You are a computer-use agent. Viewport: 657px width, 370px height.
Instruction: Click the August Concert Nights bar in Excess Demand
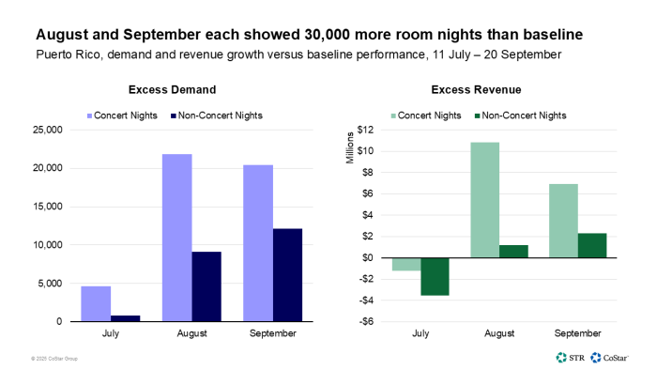tap(176, 238)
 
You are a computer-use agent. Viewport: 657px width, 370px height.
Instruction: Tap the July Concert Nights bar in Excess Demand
tap(96, 303)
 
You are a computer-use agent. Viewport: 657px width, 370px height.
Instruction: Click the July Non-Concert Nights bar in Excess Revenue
tap(435, 276)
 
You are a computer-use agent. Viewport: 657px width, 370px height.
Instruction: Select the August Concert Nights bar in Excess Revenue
tap(485, 200)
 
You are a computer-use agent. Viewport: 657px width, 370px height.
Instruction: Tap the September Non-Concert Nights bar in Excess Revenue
tap(592, 245)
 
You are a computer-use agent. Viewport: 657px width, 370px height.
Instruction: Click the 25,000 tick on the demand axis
tap(46, 130)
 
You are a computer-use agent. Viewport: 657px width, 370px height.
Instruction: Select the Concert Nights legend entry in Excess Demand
tap(124, 115)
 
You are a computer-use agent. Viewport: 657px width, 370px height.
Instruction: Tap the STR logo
tap(570, 357)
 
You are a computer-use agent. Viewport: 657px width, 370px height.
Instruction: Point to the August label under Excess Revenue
tap(499, 333)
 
